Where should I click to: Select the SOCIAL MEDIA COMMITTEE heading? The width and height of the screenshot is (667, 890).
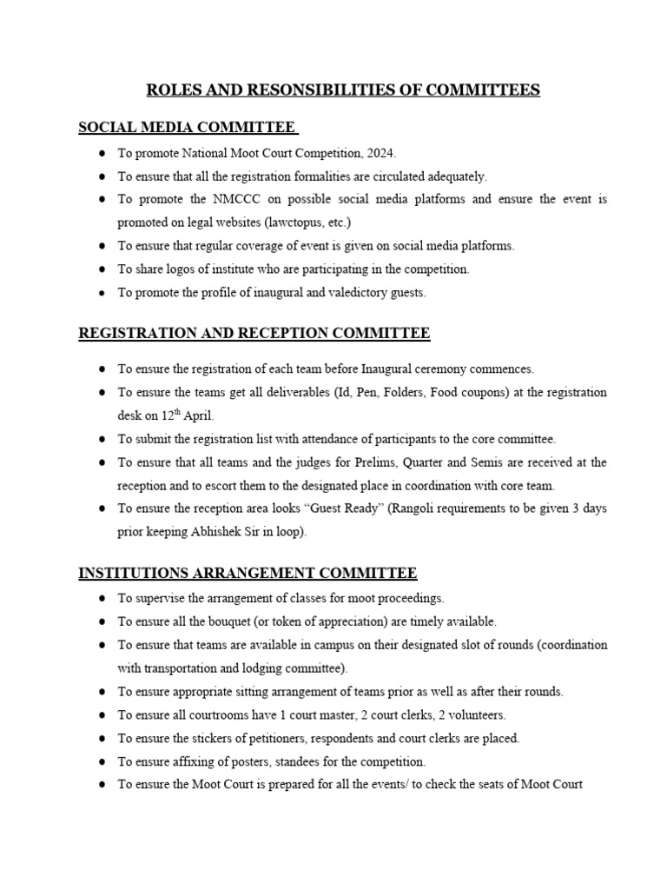187,128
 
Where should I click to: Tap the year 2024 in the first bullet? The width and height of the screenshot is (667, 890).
380,154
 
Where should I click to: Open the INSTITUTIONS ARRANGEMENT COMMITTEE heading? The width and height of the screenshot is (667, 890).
248,573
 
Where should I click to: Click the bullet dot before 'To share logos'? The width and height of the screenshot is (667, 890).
102,269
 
